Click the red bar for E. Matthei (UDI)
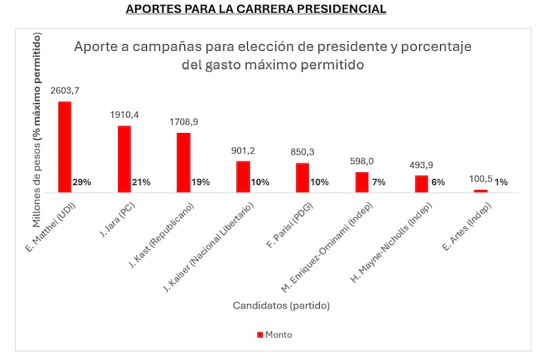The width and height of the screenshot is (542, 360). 64,146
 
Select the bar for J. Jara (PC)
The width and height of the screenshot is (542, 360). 124,159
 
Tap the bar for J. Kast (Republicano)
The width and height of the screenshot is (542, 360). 184,162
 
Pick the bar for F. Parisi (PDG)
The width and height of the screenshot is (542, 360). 302,177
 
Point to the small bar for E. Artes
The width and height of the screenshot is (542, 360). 480,191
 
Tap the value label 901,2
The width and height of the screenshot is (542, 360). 243,151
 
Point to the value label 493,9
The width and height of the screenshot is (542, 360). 421,165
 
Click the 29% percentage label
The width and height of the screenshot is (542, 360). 83,182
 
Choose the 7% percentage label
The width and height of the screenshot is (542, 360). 379,182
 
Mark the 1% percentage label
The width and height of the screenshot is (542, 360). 500,182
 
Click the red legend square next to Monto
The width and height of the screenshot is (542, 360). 259,334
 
